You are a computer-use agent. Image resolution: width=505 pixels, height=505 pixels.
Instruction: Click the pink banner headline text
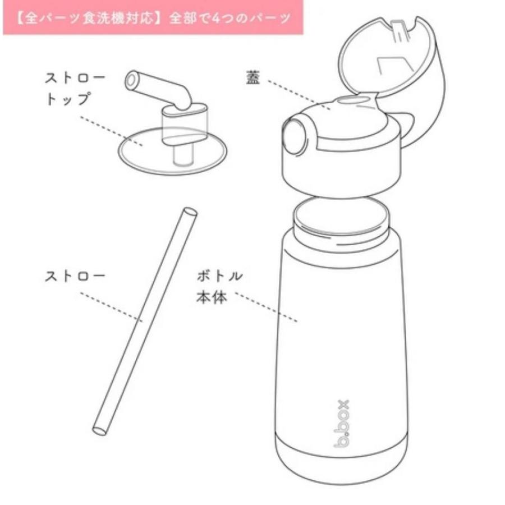pyautogui.click(x=153, y=17)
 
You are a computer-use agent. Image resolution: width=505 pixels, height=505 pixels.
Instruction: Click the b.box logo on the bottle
pyautogui.click(x=341, y=424)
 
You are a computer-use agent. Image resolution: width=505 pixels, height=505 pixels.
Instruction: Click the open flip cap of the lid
pyautogui.click(x=393, y=62)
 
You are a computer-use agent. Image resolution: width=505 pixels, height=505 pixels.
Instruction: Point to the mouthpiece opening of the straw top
pyautogui.click(x=132, y=81)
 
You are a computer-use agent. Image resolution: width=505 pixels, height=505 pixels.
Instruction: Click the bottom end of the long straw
pyautogui.click(x=99, y=430)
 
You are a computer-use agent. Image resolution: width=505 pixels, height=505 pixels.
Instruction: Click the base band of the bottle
pyautogui.click(x=342, y=460)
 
